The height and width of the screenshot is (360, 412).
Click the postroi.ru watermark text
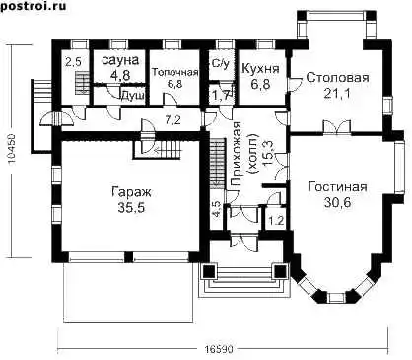click(33, 6)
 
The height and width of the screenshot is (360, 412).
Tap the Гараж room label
click(131, 192)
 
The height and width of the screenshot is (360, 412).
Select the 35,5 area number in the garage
click(131, 208)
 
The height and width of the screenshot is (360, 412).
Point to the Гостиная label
click(337, 187)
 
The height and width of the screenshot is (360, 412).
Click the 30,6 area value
click(337, 203)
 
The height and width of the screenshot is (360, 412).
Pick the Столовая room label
click(337, 78)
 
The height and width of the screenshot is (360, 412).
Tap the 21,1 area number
click(337, 94)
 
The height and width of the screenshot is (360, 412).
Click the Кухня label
click(260, 69)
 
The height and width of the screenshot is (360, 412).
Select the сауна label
click(120, 60)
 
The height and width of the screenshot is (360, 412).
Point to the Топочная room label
click(174, 73)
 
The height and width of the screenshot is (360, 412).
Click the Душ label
click(133, 96)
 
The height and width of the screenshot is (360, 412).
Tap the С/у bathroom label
click(220, 64)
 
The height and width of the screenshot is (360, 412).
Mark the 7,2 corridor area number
click(172, 120)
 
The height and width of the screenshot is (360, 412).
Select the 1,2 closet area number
click(276, 220)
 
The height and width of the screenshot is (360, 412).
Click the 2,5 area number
click(73, 61)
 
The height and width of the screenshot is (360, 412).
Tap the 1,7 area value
click(220, 96)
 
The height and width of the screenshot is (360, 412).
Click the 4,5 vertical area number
click(217, 209)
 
